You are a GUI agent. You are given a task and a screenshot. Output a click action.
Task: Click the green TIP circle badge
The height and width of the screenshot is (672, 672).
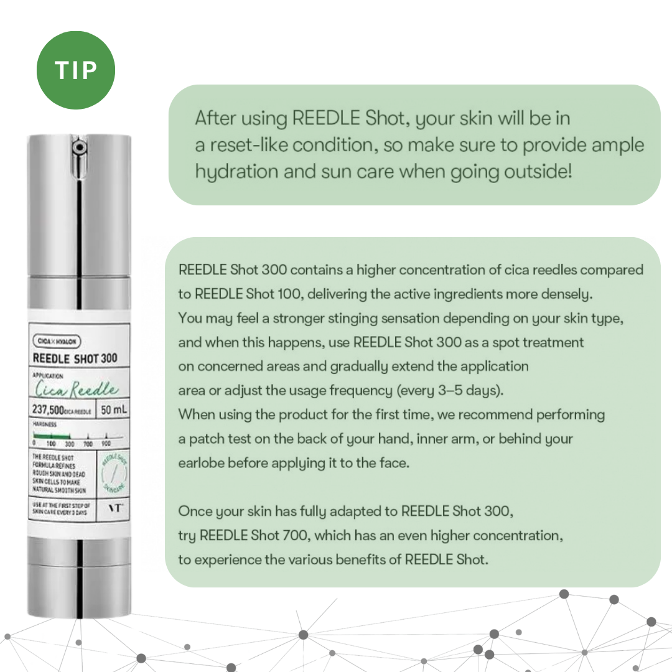(76, 70)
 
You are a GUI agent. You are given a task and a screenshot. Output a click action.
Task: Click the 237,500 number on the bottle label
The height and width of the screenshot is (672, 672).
(52, 410)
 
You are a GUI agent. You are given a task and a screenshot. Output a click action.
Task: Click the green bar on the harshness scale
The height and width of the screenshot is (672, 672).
(52, 437)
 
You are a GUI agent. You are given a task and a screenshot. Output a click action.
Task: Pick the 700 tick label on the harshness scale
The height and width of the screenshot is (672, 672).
(88, 444)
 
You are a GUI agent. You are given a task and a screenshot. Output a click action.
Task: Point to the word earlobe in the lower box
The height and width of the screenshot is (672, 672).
(201, 464)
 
